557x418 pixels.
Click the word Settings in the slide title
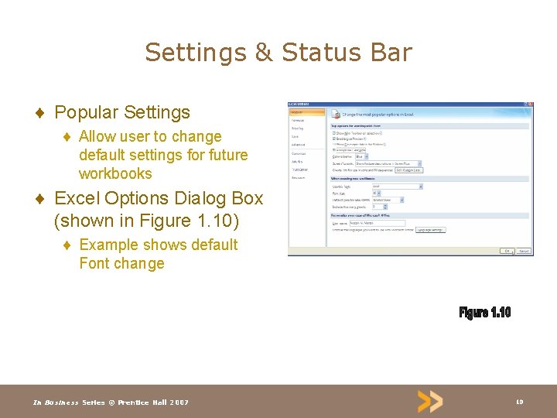coord(194,53)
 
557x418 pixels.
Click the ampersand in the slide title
coord(263,53)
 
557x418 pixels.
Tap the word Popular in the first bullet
coord(85,112)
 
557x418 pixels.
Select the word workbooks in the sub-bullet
coord(115,173)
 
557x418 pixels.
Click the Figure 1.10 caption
coord(485,312)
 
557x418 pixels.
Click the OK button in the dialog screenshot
coord(506,251)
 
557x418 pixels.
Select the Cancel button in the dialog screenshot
coord(524,251)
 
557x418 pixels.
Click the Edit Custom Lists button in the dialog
coord(408,170)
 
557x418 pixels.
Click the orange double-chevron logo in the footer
coord(430,401)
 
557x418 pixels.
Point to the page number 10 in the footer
coord(519,402)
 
